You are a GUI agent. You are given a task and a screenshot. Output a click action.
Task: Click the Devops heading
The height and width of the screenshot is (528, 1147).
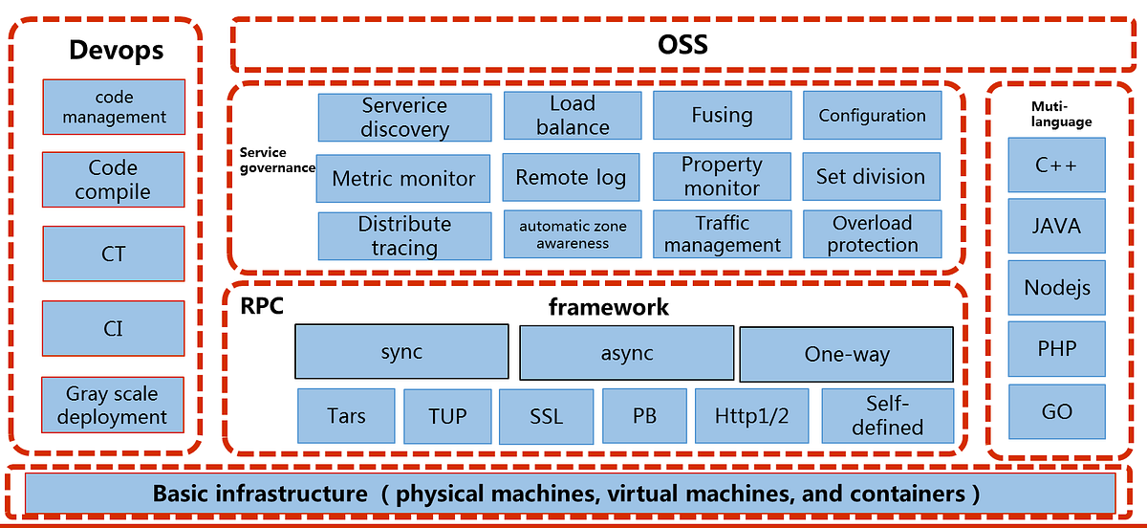coord(116,50)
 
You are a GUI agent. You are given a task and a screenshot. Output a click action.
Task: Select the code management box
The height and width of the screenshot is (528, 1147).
coord(114,107)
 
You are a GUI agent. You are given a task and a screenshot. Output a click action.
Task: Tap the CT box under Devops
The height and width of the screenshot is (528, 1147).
coord(114,254)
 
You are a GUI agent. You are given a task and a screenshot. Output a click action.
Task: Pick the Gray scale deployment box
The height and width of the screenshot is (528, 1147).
coord(113,406)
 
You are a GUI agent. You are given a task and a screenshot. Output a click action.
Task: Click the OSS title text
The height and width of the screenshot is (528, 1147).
coord(682,44)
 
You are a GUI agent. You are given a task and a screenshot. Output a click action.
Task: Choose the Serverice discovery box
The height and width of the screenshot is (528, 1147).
coord(404,118)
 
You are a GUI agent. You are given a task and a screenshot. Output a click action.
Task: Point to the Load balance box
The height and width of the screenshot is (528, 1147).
coord(573,116)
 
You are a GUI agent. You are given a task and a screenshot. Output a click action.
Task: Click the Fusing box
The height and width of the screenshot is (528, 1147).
coord(722,116)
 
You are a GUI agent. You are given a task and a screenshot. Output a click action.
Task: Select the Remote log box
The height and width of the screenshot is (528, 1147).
coord(571,177)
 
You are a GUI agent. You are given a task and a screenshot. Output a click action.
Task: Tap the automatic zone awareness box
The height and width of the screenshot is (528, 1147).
coord(572,235)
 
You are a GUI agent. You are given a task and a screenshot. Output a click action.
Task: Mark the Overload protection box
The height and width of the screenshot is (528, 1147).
coord(872,234)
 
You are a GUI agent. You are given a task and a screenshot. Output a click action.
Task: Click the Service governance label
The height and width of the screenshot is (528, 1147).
coord(275,160)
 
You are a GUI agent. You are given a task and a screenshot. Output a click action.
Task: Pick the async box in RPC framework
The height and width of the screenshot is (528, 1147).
coord(627,353)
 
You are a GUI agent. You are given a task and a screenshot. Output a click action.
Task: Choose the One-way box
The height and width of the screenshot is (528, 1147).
coord(847,355)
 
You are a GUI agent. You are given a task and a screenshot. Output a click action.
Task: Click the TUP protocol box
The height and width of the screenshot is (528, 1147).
coord(447,417)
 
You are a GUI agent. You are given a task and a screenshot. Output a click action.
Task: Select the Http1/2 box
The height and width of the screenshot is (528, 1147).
coord(751,417)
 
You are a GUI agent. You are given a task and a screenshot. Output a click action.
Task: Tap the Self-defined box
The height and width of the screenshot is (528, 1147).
coord(887,416)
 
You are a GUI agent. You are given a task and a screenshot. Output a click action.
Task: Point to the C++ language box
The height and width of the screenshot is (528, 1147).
coord(1056,165)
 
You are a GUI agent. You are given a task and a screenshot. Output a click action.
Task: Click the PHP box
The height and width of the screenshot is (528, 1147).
coord(1056,349)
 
